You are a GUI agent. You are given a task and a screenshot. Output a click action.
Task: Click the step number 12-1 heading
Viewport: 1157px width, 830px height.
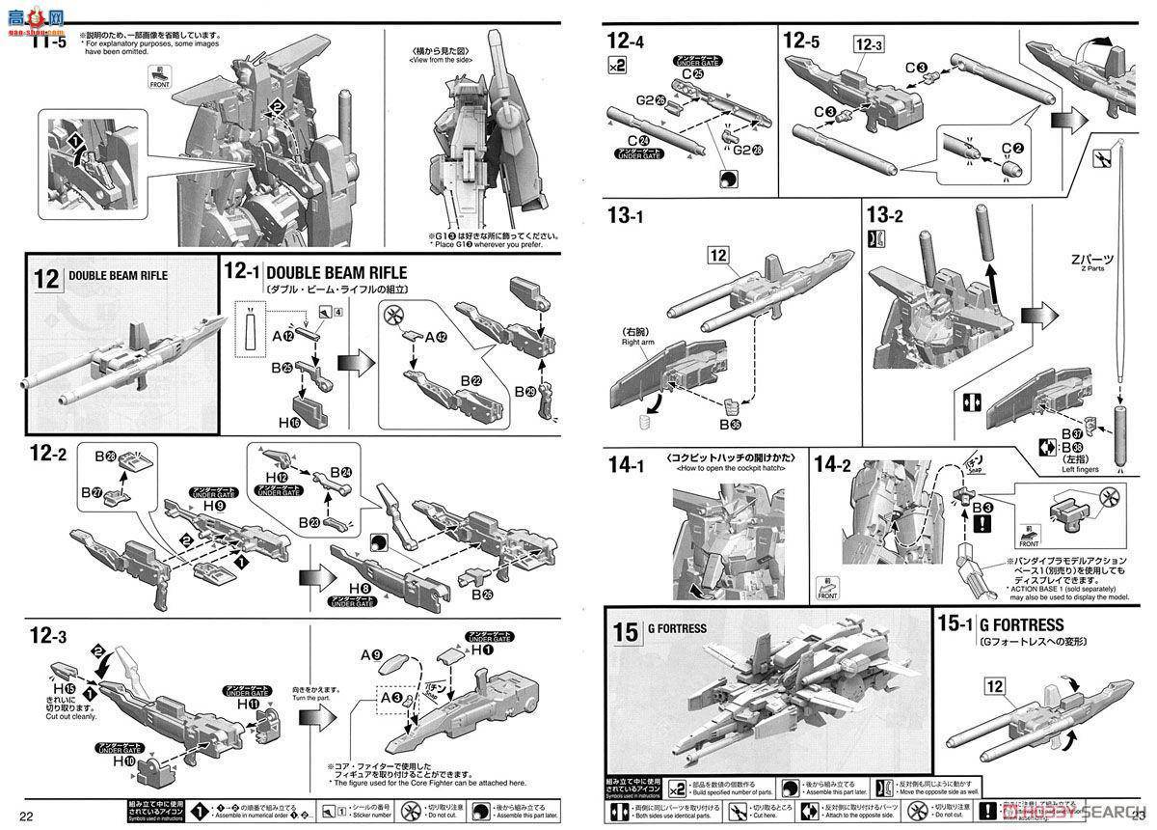coord(241,273)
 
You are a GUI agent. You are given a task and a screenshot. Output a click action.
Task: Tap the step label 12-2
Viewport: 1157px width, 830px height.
coord(47,453)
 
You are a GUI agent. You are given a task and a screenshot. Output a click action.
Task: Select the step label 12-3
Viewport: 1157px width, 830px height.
coord(47,636)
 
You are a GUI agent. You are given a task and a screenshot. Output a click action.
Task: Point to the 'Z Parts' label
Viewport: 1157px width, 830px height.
coord(1090,272)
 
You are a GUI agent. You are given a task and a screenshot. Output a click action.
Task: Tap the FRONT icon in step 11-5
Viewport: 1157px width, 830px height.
coord(159,78)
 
